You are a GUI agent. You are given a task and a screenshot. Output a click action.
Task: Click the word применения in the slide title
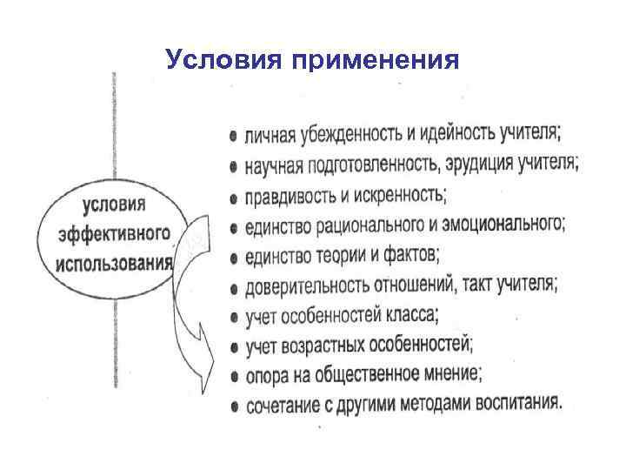click(375, 61)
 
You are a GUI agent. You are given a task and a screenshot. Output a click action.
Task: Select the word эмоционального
click(505, 225)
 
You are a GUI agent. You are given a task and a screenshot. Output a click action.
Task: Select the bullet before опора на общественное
click(235, 378)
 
